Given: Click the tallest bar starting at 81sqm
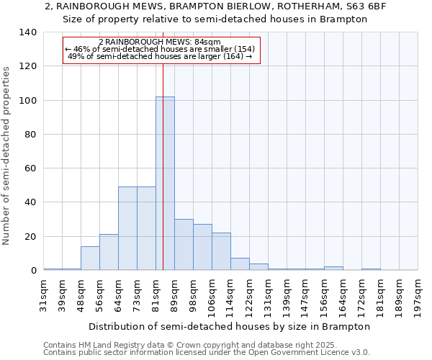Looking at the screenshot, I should [x=165, y=184].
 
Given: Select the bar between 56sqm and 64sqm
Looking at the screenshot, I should [x=109, y=252].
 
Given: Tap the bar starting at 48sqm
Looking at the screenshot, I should [x=90, y=258].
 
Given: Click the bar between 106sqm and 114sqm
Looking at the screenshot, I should [x=221, y=251].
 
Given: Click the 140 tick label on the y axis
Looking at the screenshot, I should [x=27, y=32].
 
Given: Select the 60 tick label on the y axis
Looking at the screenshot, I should [x=30, y=168].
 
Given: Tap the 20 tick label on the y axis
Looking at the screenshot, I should [x=30, y=237].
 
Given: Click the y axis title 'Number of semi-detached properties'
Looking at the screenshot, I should [x=7, y=155].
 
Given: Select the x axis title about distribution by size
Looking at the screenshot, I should [x=230, y=326].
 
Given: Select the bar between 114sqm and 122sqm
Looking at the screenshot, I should [x=240, y=264].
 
